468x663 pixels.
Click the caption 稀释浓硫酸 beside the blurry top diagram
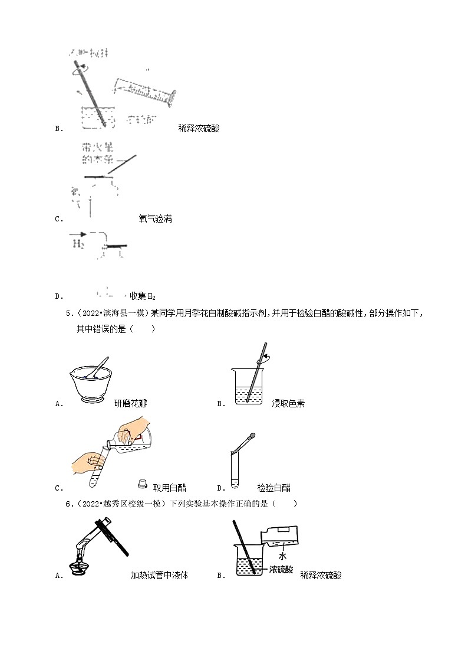199,128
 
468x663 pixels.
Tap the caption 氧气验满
155,218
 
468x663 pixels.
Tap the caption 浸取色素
288,404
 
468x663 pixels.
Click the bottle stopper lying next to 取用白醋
142,484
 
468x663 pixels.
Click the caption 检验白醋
273,488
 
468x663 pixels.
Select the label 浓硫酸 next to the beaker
281,570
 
